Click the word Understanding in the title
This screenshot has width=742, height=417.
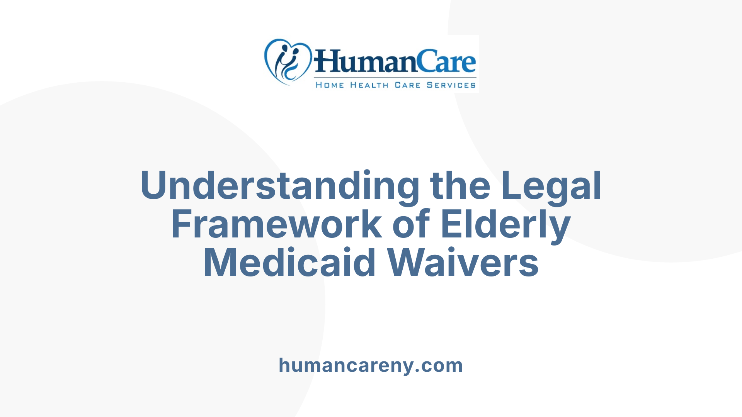click(280, 186)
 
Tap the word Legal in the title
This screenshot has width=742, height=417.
click(551, 186)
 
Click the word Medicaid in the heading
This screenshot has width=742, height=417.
click(289, 263)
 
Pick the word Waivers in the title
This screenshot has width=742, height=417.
click(463, 263)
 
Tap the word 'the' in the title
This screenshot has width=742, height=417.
click(460, 186)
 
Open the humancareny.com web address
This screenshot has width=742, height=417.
click(371, 365)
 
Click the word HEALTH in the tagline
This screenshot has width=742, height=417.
click(369, 85)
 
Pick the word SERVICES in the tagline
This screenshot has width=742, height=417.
click(451, 85)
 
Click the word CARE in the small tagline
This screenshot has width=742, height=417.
click(407, 85)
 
